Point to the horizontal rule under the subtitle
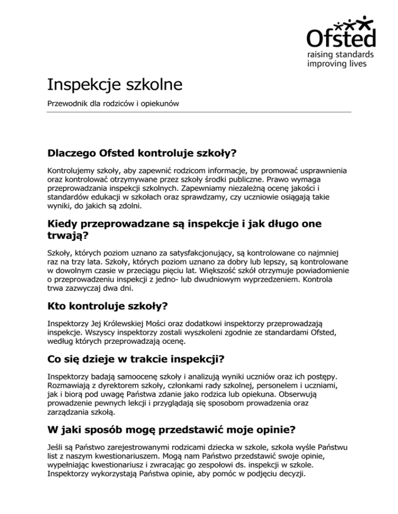(199, 112)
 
